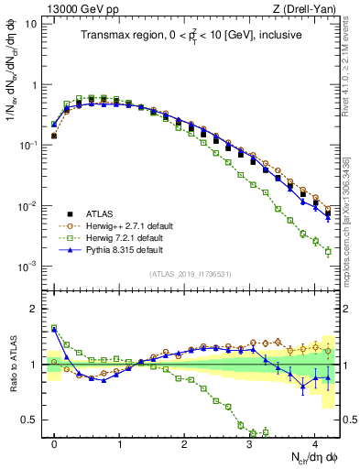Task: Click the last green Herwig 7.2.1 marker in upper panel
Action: coord(328,251)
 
